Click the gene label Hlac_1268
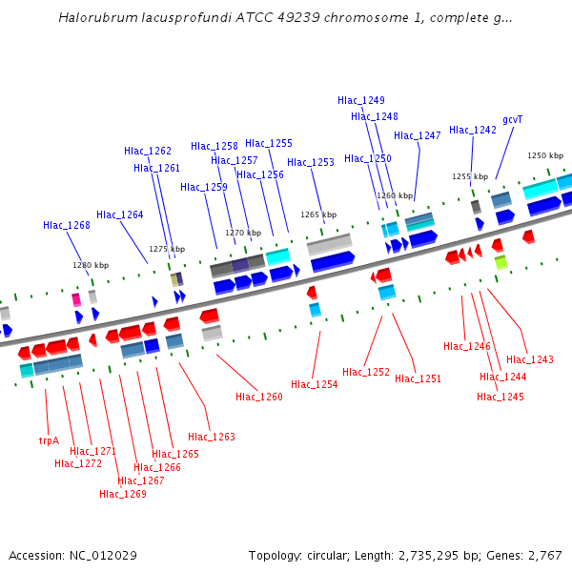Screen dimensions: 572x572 pos(67,226)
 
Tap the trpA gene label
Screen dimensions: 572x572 pos(49,440)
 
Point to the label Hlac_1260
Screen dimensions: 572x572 pos(259,397)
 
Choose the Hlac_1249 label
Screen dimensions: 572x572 pos(361,100)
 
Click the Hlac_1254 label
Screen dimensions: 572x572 pos(315,384)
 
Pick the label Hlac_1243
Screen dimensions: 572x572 pos(530,359)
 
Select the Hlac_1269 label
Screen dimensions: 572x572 pos(123,494)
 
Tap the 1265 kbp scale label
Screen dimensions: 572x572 pos(318,214)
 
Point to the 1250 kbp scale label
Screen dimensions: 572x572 pos(545,155)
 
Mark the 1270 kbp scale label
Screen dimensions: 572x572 pos(243,233)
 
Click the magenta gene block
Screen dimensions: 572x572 pos(76,299)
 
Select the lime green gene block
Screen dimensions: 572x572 pos(500,261)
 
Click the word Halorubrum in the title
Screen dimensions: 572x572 pos(93,17)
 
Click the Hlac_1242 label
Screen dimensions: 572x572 pos(473,130)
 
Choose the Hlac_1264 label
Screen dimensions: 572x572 pos(120,214)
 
